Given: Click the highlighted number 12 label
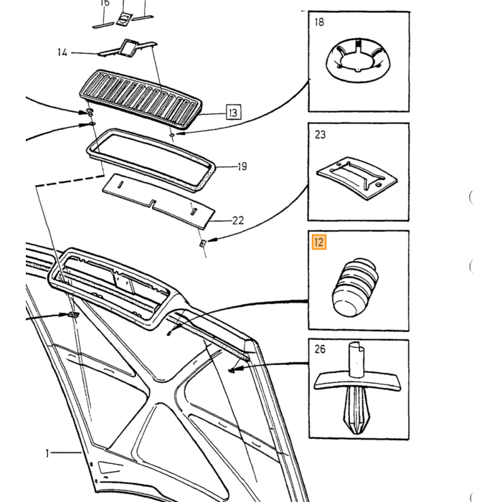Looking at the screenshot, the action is (x=319, y=242).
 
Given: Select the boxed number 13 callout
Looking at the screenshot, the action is (x=233, y=112).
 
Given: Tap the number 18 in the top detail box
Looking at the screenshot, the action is (x=319, y=22).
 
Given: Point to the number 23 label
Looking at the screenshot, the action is (x=320, y=135).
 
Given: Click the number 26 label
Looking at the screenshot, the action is (x=320, y=349).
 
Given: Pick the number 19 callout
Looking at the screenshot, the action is (x=242, y=166).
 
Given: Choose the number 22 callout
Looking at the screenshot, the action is (x=238, y=220).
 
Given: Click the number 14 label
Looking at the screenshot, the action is (x=62, y=52).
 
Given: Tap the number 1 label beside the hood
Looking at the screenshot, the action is (x=47, y=453).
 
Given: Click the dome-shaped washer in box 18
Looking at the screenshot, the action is (x=359, y=60).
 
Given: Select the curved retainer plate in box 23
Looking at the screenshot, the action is (x=357, y=177).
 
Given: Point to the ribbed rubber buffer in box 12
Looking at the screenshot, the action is (x=355, y=287).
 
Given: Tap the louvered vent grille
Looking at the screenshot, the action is (x=141, y=99).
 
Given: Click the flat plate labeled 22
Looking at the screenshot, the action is (x=158, y=201).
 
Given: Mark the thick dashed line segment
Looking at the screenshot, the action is (x=70, y=180).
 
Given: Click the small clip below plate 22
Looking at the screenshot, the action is (x=203, y=244).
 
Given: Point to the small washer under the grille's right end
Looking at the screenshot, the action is (x=172, y=136).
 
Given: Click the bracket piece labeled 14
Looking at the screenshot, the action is (x=128, y=49).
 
